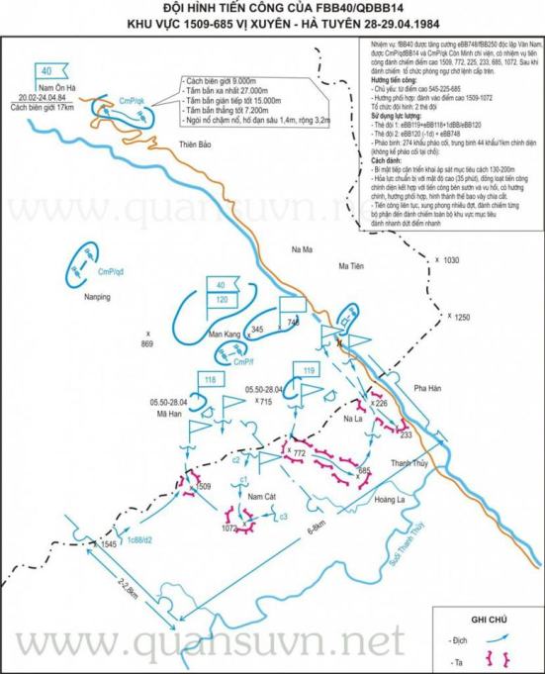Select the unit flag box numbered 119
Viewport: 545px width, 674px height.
pos(309,370)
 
